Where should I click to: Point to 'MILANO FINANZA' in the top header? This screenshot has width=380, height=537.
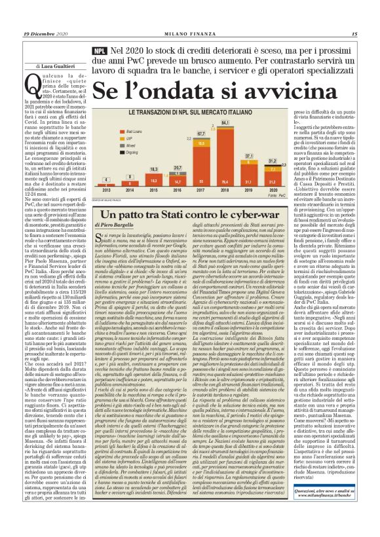tap(189, 34)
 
